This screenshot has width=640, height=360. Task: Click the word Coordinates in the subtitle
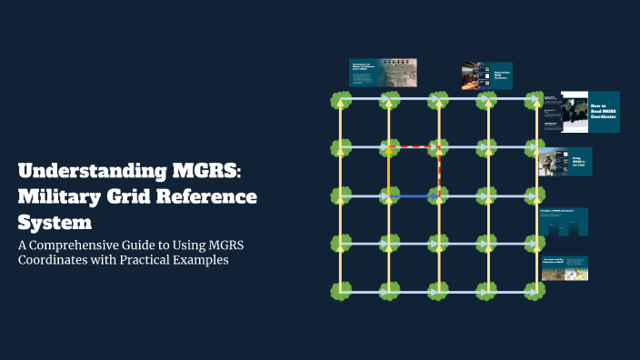(54, 260)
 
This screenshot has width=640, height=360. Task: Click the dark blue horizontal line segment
(414, 195)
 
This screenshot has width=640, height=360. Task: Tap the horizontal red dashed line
(414, 146)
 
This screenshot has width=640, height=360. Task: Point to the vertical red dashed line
(438, 171)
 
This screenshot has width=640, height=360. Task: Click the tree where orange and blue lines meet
(389, 195)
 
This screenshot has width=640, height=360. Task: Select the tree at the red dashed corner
(438, 146)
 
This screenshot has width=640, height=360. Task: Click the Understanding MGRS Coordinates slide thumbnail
(487, 75)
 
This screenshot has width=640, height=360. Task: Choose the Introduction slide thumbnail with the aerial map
(383, 72)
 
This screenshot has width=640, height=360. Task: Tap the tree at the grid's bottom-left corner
(340, 292)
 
